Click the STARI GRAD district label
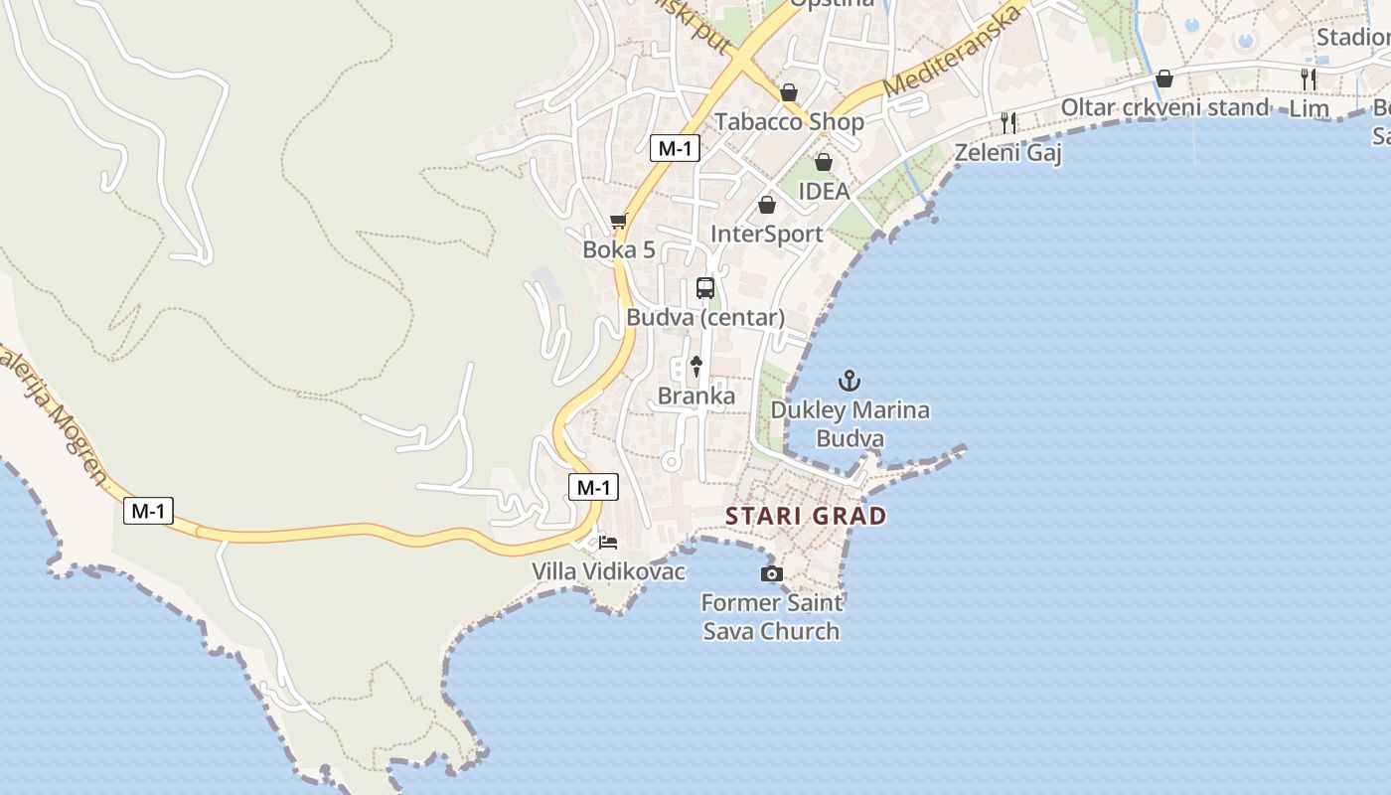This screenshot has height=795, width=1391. point(806,516)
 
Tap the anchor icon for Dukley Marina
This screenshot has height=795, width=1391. point(850,381)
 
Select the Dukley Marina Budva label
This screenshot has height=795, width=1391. point(850,424)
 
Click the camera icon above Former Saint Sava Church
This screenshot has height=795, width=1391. point(771,574)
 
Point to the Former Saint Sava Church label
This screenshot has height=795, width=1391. point(772,617)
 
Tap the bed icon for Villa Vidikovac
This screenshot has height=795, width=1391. point(608,543)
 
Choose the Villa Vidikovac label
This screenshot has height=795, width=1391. point(609,572)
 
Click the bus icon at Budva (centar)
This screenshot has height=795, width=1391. point(705,288)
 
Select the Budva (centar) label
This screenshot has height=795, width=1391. point(705,318)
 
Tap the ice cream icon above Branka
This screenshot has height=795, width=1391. point(696,366)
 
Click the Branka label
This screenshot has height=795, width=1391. point(696,397)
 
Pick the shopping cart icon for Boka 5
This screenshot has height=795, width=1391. point(619,221)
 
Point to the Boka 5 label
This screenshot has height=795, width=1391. point(619,249)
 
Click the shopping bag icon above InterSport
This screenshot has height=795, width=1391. point(767,205)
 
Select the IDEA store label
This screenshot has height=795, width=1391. point(824,191)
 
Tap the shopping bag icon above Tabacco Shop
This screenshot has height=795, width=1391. point(789,92)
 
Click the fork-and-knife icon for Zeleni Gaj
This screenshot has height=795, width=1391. point(1008,123)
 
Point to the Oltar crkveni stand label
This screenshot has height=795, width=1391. point(1164,107)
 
